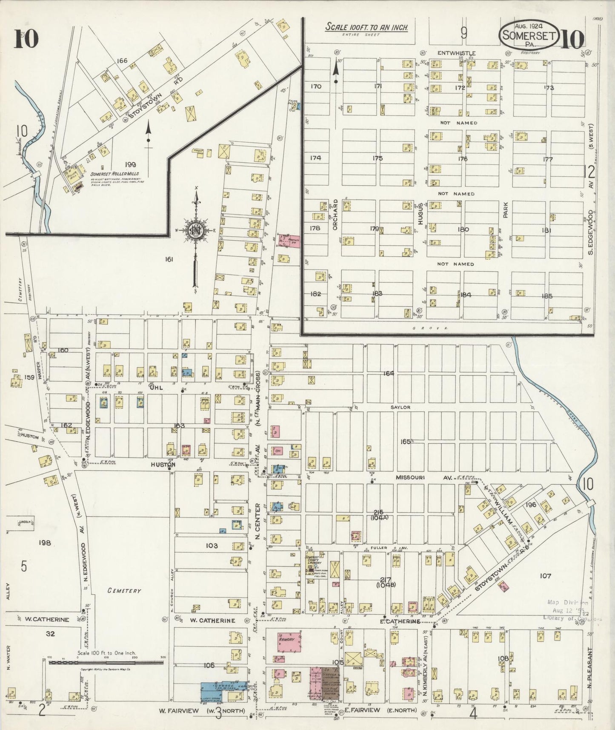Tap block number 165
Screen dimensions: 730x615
[405, 442]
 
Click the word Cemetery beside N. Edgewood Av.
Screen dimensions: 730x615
[124, 591]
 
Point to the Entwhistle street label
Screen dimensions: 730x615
[455, 53]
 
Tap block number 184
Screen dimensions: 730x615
[466, 295]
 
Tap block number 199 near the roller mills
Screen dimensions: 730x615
[130, 164]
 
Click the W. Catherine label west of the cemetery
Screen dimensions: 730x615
[46, 620]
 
